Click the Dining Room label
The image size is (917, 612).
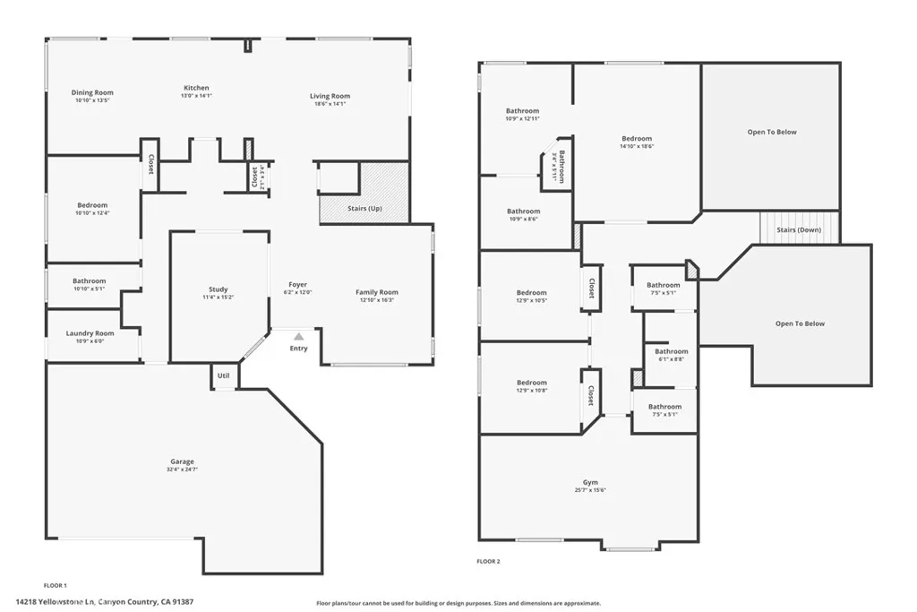click(92, 92)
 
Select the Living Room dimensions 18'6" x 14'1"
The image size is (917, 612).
click(330, 104)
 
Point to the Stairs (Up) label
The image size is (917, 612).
click(364, 208)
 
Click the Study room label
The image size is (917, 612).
click(218, 289)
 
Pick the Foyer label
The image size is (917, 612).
click(297, 285)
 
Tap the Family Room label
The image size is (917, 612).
click(376, 292)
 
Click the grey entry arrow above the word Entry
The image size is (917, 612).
click(298, 336)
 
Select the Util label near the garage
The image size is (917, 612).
click(224, 375)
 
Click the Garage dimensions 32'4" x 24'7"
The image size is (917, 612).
click(182, 470)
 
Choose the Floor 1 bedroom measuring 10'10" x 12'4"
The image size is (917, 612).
click(92, 209)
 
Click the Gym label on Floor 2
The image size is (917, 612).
click(590, 482)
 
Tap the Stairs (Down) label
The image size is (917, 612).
click(798, 229)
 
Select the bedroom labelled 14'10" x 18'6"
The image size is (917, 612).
click(637, 142)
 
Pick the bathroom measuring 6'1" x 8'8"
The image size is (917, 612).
click(671, 356)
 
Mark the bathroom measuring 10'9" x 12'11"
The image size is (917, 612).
click(523, 115)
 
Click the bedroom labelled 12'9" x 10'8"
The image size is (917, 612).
click(531, 386)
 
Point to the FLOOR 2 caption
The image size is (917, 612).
click(488, 562)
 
